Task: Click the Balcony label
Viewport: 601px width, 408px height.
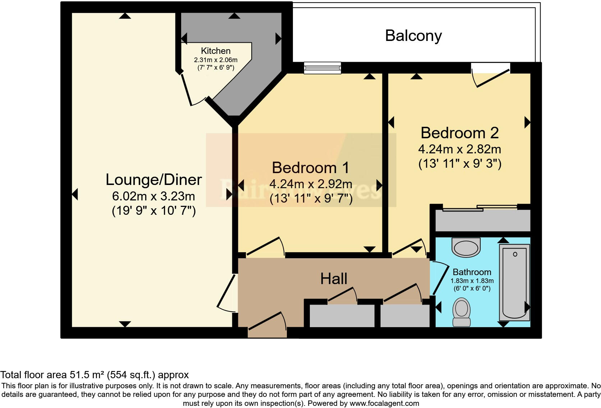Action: [413, 36]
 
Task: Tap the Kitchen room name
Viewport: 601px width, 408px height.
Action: [216, 51]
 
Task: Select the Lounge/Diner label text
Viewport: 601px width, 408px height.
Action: [153, 180]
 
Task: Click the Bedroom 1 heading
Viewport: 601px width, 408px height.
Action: [310, 168]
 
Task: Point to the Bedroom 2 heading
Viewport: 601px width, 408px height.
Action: [459, 133]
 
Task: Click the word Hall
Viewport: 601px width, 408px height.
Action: [334, 279]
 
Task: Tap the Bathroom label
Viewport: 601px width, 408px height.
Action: [472, 272]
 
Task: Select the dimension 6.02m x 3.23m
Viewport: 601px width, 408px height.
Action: [153, 196]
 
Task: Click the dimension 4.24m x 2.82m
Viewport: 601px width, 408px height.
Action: [459, 149]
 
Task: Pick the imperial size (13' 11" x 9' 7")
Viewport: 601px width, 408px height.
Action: [311, 198]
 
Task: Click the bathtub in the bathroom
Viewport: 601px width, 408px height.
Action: [514, 282]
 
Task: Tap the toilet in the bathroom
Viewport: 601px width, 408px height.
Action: [462, 312]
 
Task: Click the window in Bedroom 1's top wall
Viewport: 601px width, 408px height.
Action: [322, 68]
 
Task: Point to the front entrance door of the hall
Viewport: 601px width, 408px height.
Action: [267, 325]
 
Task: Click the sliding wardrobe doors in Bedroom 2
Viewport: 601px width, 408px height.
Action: [480, 208]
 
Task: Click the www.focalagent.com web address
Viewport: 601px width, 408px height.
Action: [384, 403]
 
